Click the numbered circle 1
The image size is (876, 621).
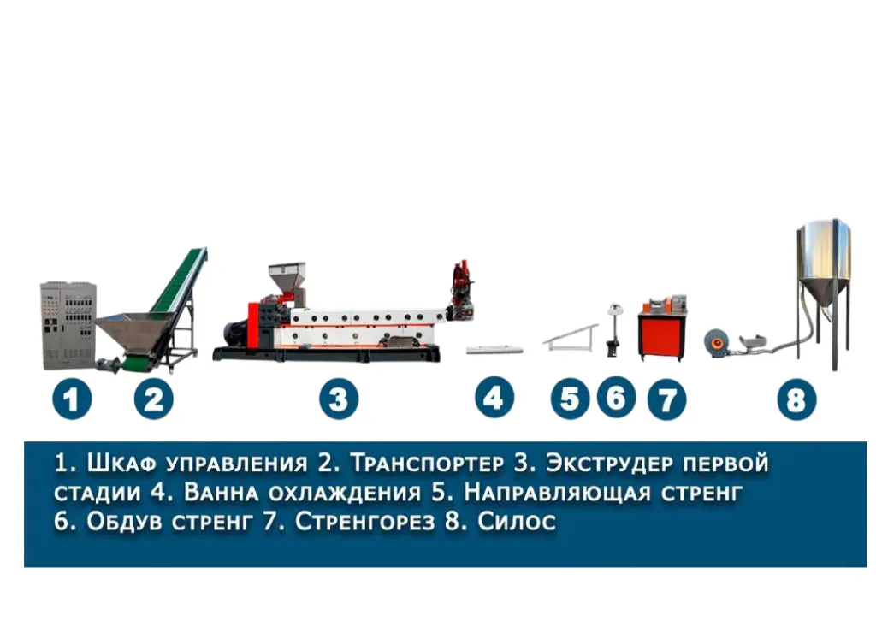[72, 399]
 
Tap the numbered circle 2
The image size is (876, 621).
[154, 399]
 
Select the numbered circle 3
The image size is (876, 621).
[339, 399]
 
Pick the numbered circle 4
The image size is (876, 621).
[494, 398]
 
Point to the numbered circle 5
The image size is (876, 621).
[570, 399]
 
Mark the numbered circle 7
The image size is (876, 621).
[666, 399]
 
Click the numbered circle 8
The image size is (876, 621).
[796, 399]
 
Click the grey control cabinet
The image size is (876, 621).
[68, 326]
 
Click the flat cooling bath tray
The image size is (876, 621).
[494, 350]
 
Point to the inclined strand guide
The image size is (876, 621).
[571, 337]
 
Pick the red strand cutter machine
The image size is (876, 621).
[663, 329]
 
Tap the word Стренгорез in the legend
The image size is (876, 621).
[364, 521]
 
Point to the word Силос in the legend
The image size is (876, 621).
[517, 521]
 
